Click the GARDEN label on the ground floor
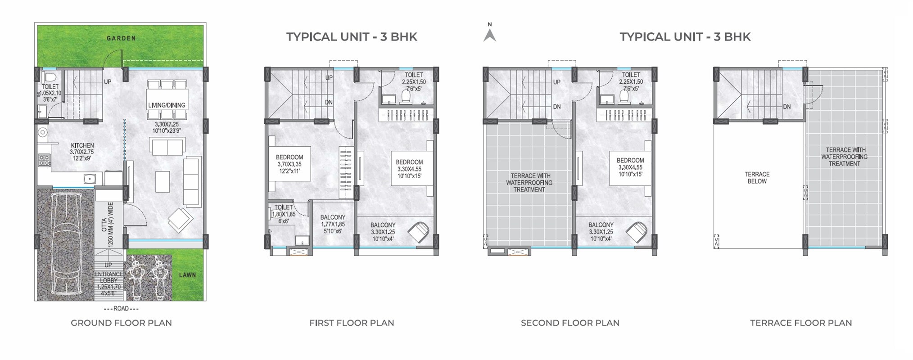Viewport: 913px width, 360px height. pyautogui.click(x=121, y=38)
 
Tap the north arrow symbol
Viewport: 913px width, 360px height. pyautogui.click(x=490, y=34)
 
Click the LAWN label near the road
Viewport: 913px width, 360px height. pyautogui.click(x=187, y=275)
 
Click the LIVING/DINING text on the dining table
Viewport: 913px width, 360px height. pyautogui.click(x=167, y=105)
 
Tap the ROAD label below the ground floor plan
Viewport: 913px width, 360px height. pyautogui.click(x=121, y=309)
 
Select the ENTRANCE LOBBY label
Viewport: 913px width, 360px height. pyautogui.click(x=108, y=277)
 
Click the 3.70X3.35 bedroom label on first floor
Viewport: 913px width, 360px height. pyautogui.click(x=289, y=164)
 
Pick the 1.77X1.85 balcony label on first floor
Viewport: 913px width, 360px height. pyautogui.click(x=333, y=224)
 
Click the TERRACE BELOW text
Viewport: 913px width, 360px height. pyautogui.click(x=757, y=178)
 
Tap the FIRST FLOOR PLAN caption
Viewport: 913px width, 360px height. pyautogui.click(x=352, y=323)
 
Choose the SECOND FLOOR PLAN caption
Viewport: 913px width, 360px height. pyautogui.click(x=570, y=323)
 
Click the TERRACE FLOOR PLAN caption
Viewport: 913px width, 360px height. pyautogui.click(x=801, y=323)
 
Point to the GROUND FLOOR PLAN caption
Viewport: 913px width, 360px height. pyautogui.click(x=121, y=323)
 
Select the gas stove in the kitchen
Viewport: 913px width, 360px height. pyautogui.click(x=44, y=160)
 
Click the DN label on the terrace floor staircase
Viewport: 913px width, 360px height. pyautogui.click(x=787, y=107)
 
